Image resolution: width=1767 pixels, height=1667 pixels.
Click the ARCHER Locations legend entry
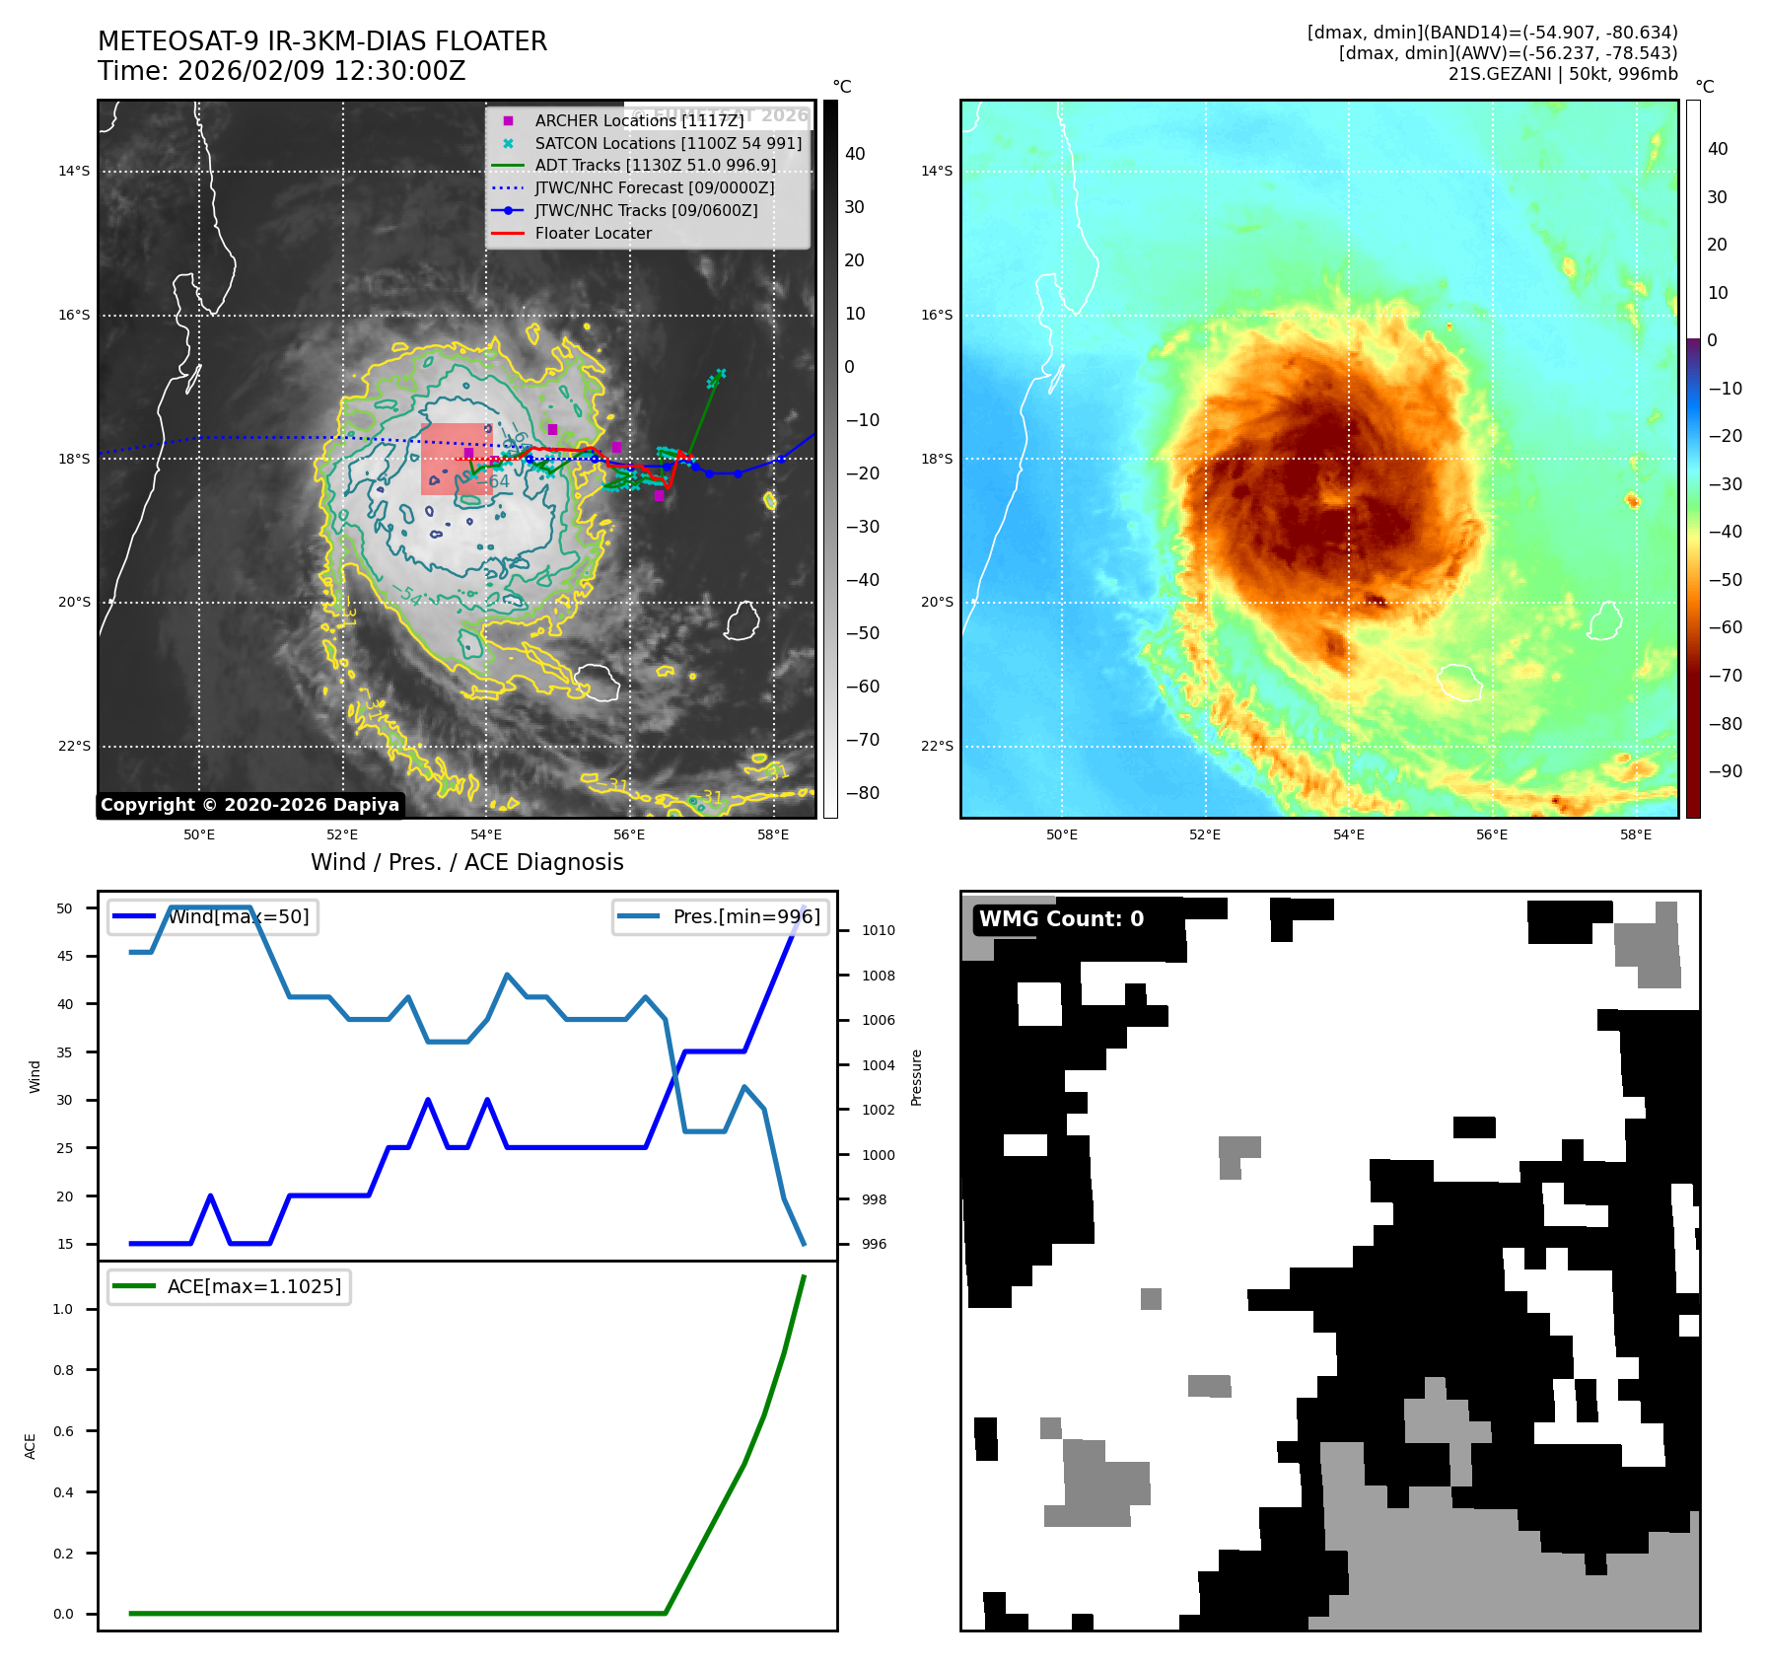click(639, 120)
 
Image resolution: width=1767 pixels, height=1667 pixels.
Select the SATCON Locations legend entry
click(668, 143)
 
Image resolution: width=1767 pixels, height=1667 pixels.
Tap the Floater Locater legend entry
click(593, 233)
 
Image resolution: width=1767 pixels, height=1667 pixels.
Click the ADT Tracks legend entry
click(655, 165)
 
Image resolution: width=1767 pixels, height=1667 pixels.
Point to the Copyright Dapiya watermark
click(249, 805)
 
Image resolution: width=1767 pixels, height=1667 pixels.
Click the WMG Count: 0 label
click(1061, 919)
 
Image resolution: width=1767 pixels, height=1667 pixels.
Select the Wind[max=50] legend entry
click(238, 916)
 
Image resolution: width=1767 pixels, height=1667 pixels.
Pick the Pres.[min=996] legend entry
click(745, 916)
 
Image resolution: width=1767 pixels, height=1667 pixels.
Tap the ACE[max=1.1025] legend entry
click(253, 1286)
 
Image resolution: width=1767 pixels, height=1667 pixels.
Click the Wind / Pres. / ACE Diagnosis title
click(466, 862)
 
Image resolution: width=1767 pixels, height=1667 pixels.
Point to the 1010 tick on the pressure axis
click(878, 930)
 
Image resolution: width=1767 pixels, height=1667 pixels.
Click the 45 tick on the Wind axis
click(65, 956)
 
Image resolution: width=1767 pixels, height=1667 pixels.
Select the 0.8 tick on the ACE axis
click(63, 1370)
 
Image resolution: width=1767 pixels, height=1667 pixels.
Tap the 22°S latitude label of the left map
click(74, 746)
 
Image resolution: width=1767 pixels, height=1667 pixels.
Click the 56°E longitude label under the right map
click(1491, 834)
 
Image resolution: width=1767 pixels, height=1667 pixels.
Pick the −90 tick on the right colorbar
click(1725, 771)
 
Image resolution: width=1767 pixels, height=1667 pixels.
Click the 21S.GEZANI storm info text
click(1562, 74)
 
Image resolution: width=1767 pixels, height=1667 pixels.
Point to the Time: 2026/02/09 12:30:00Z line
click(281, 71)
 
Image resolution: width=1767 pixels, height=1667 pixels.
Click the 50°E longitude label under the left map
click(199, 834)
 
